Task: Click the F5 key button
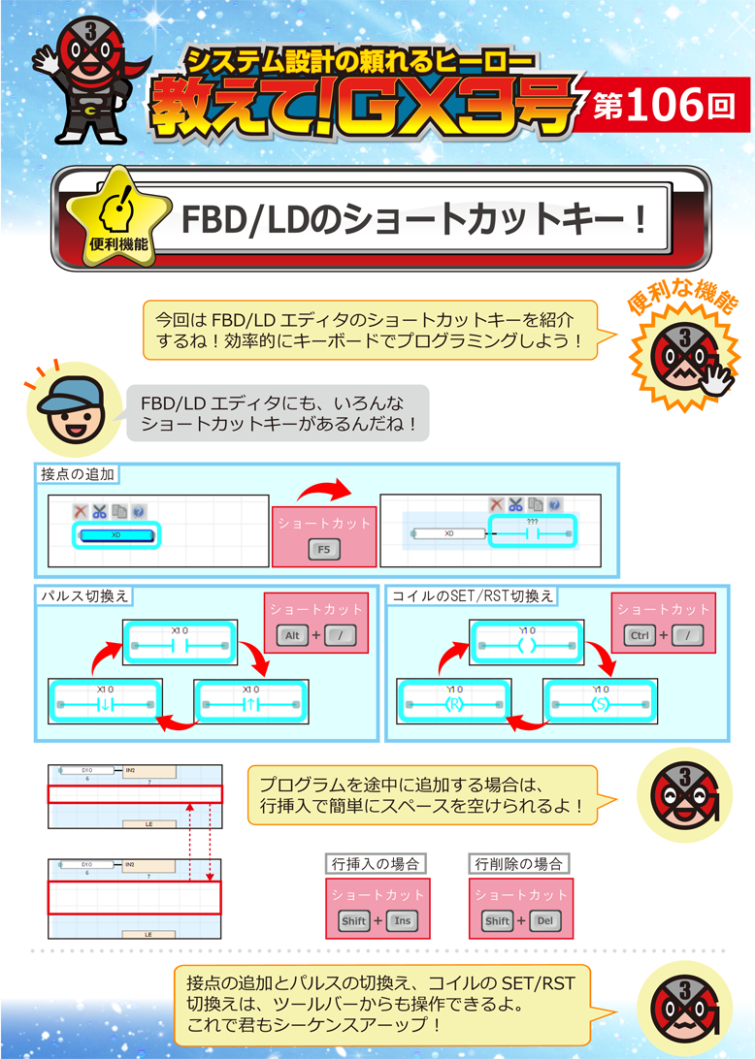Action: [323, 550]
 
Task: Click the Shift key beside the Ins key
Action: [353, 921]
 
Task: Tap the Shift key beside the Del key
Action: [497, 921]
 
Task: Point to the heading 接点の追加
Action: [79, 475]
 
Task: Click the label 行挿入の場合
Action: [375, 863]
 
